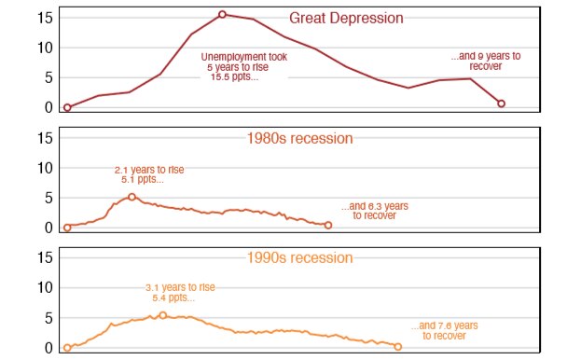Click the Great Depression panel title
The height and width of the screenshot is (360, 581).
[x=346, y=18]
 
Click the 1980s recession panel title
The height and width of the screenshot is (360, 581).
[x=299, y=138]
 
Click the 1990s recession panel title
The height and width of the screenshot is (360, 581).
[x=299, y=257]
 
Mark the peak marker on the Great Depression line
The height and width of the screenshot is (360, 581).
[x=222, y=14]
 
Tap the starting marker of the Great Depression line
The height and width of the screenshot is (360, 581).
[x=67, y=107]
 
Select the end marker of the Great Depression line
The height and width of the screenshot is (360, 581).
[x=502, y=104]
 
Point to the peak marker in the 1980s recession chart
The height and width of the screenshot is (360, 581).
[x=131, y=197]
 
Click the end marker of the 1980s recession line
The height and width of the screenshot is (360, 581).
[x=327, y=225]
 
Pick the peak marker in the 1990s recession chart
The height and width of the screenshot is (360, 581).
[x=163, y=315]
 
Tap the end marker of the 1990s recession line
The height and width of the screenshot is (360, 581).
[x=398, y=347]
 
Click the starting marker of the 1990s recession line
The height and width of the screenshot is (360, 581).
[x=67, y=348]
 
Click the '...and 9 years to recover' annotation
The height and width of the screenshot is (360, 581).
[x=485, y=62]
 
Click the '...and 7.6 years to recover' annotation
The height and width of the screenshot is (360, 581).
[x=444, y=330]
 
